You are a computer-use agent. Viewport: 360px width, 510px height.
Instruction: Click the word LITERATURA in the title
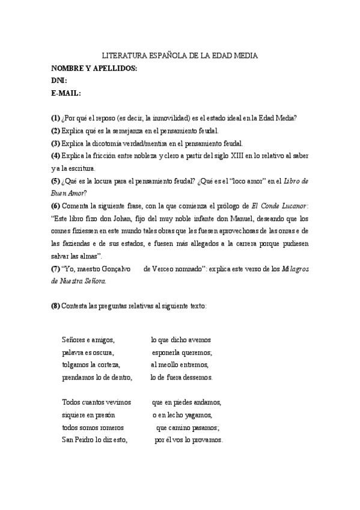[121, 55]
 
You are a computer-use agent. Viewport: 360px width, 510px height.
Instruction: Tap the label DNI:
[59, 81]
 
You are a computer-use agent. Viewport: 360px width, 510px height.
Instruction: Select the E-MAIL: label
[66, 93]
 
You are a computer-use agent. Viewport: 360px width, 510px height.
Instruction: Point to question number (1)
[55, 118]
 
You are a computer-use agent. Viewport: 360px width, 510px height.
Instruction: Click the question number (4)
[55, 155]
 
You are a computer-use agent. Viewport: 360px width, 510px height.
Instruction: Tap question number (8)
[55, 306]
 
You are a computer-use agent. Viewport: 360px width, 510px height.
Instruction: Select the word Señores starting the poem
[74, 340]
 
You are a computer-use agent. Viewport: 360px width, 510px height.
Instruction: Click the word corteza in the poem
[108, 364]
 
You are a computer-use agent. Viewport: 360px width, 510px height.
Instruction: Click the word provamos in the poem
[208, 440]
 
